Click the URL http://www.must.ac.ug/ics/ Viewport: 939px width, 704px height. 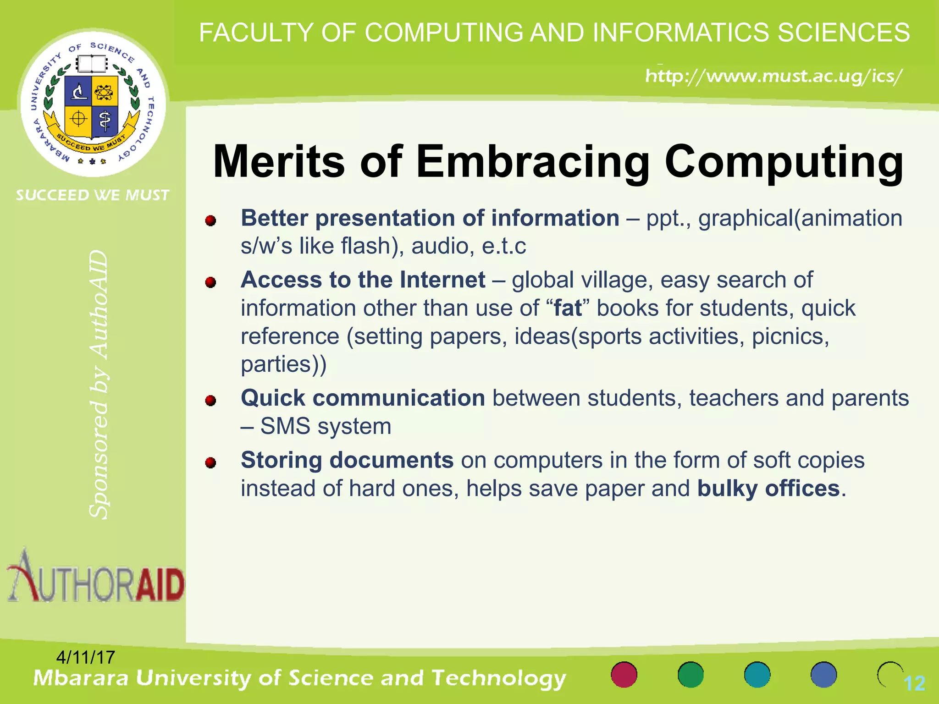774,76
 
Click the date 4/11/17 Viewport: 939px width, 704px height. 85,657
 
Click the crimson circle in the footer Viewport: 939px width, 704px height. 624,675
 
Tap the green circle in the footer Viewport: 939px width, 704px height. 690,675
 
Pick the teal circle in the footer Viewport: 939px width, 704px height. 757,675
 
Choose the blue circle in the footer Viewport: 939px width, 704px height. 823,675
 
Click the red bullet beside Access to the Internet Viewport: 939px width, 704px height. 210,282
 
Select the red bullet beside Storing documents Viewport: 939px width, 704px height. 210,462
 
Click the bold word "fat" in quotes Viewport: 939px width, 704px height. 568,308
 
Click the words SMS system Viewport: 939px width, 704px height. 326,426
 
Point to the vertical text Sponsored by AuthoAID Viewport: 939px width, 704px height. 99,384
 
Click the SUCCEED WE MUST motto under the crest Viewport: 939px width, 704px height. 93,195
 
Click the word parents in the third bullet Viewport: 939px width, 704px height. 870,398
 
